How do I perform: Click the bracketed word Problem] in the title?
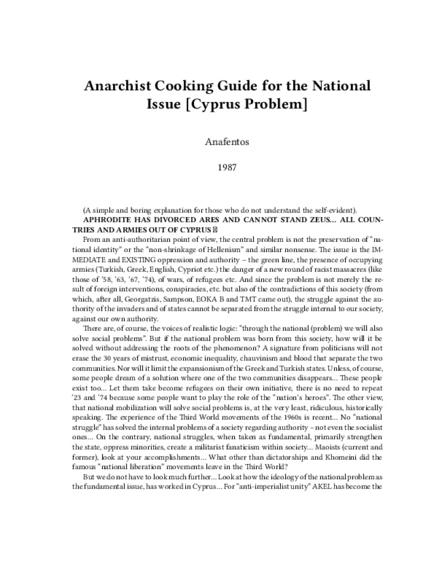[278, 104]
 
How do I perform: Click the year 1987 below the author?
[217, 168]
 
